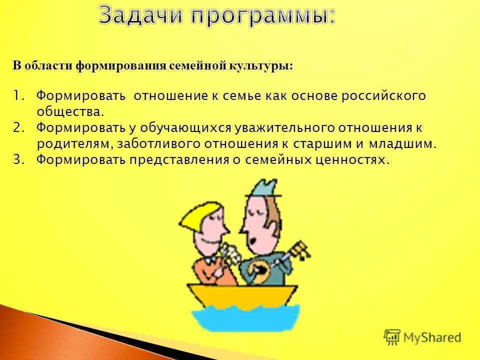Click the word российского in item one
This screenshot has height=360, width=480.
383,95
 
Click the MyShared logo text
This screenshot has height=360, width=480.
432,337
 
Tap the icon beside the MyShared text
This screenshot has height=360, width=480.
392,337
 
